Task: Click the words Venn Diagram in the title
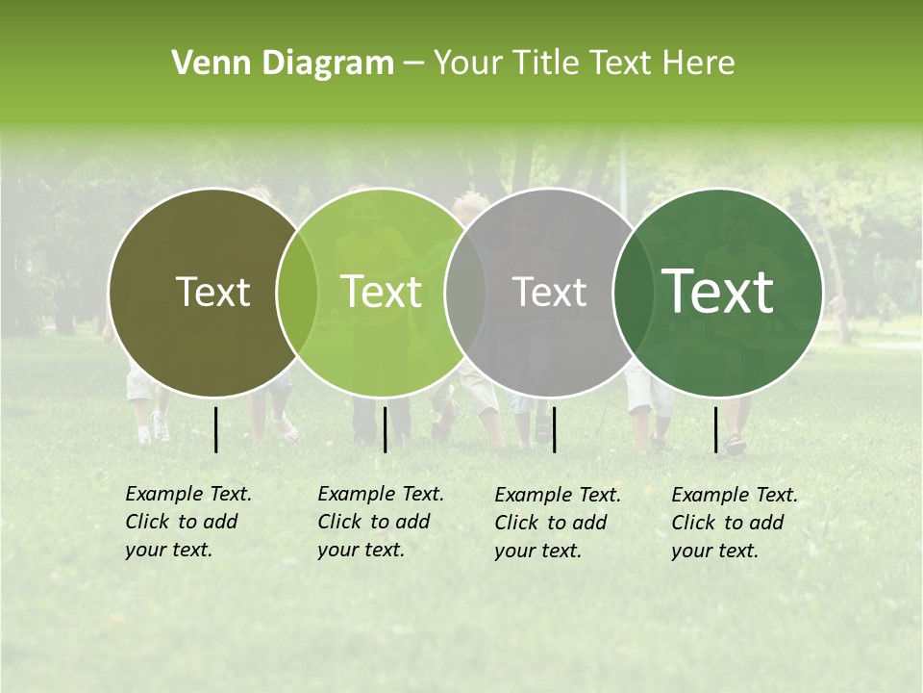283,64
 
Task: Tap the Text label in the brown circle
212,292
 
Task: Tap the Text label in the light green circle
382,292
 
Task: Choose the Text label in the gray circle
550,292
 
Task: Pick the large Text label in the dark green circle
718,292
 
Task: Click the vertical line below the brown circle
216,429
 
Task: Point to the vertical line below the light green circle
385,429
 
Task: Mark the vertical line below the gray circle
555,429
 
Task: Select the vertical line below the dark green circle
716,429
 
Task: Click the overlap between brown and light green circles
297,292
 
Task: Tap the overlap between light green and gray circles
465,292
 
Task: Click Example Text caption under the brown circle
188,494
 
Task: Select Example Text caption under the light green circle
381,494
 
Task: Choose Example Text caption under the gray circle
558,495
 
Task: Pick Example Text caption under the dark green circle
735,495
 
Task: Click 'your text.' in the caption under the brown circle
168,551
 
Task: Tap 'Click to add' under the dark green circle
728,523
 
